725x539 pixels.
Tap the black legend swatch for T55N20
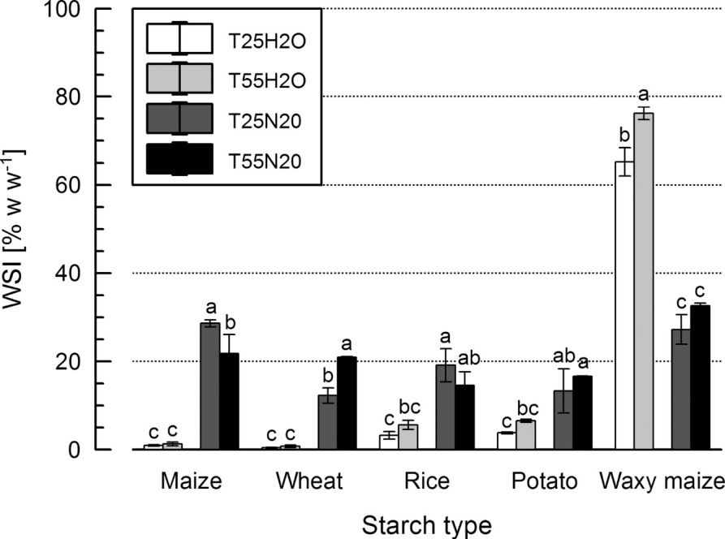pos(179,159)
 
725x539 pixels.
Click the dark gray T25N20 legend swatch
pos(179,119)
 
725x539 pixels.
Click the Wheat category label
pos(309,482)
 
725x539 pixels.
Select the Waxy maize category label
pos(662,482)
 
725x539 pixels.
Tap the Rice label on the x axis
pos(427,482)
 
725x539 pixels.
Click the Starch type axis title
pos(427,524)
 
